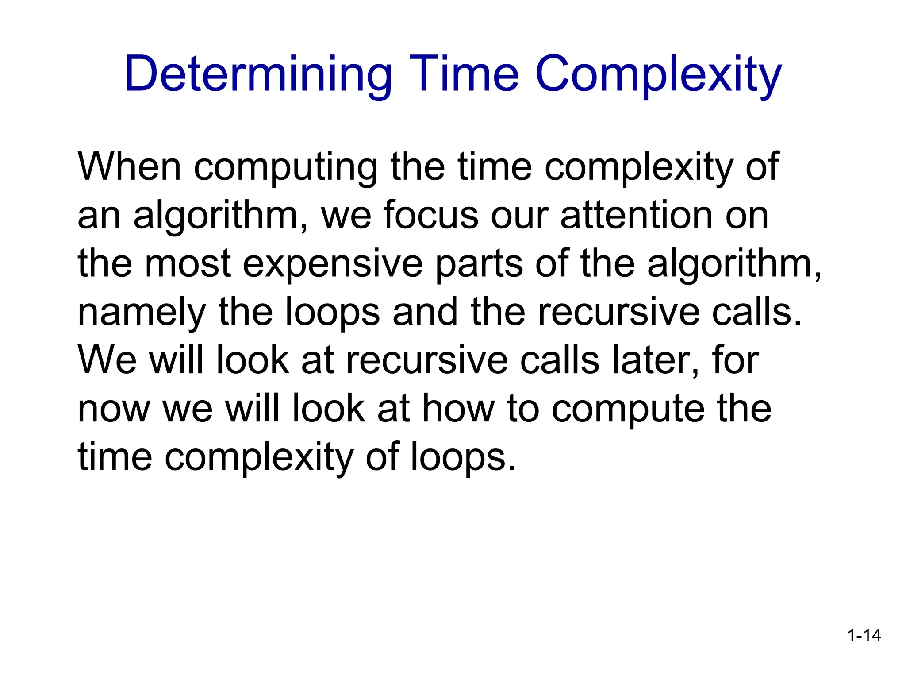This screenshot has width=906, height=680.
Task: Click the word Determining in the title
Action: pyautogui.click(x=258, y=74)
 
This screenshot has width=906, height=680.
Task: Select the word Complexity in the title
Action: pyautogui.click(x=658, y=74)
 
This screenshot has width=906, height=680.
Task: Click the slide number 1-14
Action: pyautogui.click(x=864, y=636)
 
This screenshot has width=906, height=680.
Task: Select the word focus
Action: pyautogui.click(x=431, y=216)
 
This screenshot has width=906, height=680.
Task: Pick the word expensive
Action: pyautogui.click(x=333, y=265)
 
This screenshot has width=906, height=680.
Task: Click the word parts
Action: pyautogui.click(x=479, y=265)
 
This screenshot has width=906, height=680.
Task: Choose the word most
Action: pyautogui.click(x=188, y=264)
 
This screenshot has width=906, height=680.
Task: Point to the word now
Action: pyautogui.click(x=114, y=410)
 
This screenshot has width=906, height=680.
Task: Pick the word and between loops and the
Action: pyautogui.click(x=425, y=312)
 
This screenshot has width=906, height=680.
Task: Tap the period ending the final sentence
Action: pyautogui.click(x=512, y=467)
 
